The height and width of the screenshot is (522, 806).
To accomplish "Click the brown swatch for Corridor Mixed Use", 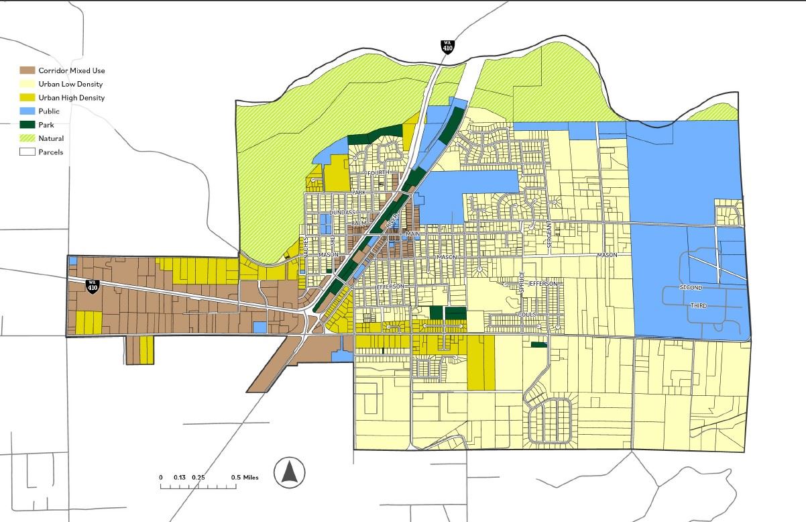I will [27, 70].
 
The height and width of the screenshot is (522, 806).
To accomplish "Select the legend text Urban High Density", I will [72, 98].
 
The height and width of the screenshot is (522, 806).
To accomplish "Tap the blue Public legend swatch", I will [27, 111].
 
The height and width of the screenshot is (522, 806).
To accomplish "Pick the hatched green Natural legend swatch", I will [27, 138].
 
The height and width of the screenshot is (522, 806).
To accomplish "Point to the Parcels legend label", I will [51, 152].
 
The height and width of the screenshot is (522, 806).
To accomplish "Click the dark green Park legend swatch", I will [27, 125].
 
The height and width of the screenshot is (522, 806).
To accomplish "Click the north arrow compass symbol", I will [290, 471].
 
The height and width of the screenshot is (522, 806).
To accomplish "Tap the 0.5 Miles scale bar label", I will [245, 478].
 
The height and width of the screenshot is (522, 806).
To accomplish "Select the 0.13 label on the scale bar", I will [180, 478].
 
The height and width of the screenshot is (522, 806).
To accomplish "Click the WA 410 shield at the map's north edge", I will [447, 47].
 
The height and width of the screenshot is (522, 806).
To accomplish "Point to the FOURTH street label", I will [378, 172].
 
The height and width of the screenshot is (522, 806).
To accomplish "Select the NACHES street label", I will [305, 246].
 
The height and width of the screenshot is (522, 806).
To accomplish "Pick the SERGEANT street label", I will [549, 235].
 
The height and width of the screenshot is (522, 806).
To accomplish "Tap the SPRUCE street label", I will [521, 282].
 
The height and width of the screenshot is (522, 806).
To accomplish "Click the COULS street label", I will [526, 314].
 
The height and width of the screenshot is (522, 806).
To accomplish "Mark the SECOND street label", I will [691, 288].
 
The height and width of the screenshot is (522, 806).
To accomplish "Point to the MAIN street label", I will [412, 233].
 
